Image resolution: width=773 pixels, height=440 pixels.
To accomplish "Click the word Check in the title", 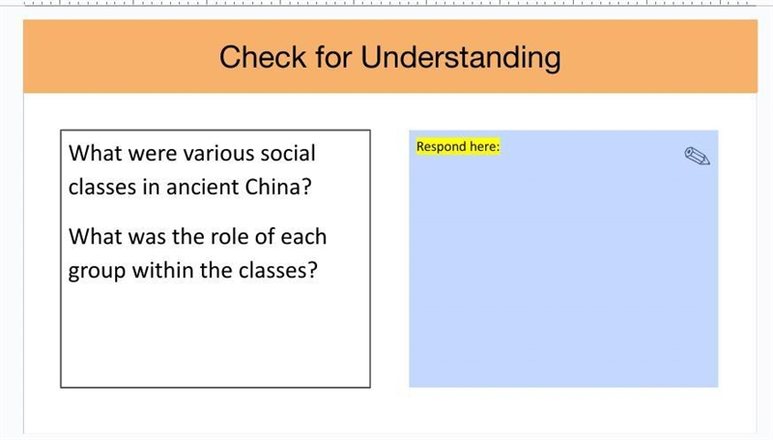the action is point(263,57).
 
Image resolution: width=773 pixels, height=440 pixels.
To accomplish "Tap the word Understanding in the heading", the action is point(461,58).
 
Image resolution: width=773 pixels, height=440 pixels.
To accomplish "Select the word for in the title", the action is point(333,57).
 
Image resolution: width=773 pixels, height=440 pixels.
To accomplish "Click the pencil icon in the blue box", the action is point(697,156).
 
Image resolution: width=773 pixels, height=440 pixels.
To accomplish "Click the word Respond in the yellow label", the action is point(442,146).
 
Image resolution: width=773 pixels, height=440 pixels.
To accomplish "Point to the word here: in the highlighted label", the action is point(484,146).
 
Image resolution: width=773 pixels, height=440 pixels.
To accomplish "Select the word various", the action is point(218,154).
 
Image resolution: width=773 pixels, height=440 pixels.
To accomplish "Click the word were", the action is point(153,154).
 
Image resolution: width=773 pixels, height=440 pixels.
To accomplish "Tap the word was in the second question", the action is point(147,238).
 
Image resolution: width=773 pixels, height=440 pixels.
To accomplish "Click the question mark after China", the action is point(305,187).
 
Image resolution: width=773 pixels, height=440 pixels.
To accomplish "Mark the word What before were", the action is point(95,154).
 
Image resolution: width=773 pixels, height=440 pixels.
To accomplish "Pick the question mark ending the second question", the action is point(311,270).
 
